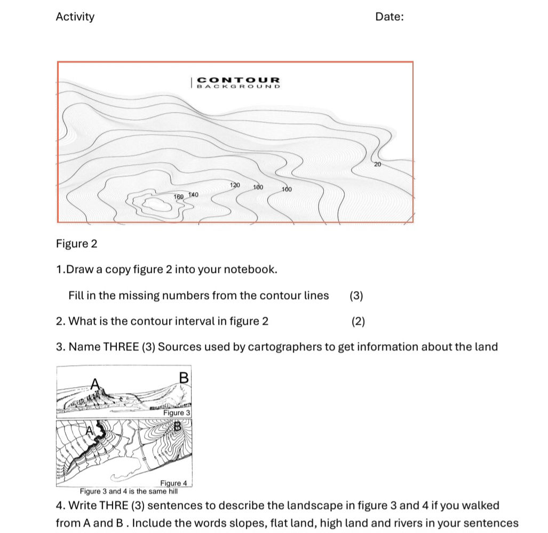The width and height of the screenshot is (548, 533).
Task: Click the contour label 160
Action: [179, 197]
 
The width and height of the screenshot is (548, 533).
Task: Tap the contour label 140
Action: [193, 195]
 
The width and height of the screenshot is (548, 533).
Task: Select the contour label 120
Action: [235, 185]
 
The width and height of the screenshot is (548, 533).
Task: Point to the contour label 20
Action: [377, 164]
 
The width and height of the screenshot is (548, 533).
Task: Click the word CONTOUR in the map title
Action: [239, 80]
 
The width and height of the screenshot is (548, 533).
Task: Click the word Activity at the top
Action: [75, 17]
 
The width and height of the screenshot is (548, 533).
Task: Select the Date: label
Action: [390, 17]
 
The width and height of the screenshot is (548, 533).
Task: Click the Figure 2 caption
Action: [77, 244]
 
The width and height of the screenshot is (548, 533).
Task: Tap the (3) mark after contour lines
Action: [356, 296]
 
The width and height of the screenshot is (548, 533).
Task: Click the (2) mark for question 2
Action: [358, 322]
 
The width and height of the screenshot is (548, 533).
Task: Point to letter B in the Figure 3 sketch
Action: [184, 377]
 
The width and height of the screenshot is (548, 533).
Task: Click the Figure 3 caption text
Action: [176, 413]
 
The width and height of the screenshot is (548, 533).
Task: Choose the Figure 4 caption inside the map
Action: [174, 483]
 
